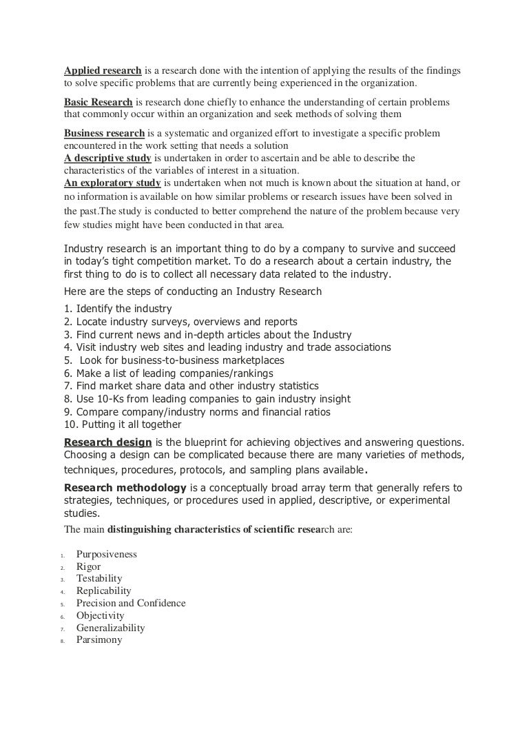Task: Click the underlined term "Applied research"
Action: pos(103,71)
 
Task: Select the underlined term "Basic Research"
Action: pos(98,102)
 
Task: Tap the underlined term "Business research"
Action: pos(105,133)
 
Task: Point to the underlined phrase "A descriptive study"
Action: pos(107,158)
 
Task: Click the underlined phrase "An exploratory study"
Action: pos(112,183)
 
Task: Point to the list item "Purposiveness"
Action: pos(107,554)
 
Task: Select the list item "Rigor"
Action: pos(89,566)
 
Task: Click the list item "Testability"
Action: pos(99,579)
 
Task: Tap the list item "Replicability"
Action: pos(104,591)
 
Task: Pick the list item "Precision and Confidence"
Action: pos(131,604)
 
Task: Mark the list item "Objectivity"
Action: pos(101,616)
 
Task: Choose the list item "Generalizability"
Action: pos(111,628)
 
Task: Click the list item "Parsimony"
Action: pos(100,640)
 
